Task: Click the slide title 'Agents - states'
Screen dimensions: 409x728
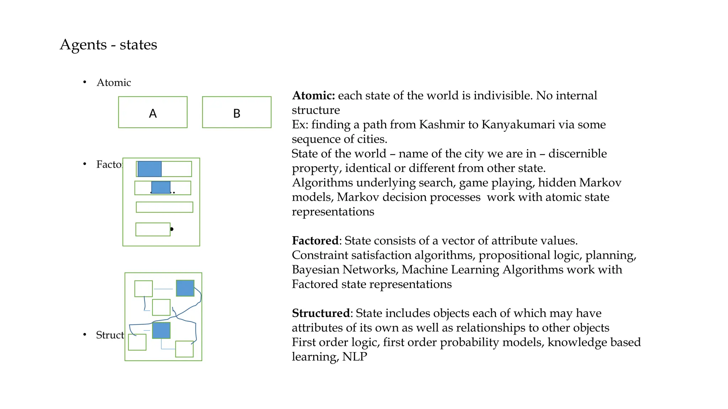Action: [x=108, y=45]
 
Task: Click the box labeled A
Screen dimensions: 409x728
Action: [x=153, y=112]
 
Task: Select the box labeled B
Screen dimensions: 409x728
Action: [x=237, y=112]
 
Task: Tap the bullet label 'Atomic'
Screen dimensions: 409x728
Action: [x=114, y=83]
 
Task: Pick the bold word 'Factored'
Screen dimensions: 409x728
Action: [x=315, y=241]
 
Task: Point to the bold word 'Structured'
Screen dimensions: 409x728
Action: [x=321, y=313]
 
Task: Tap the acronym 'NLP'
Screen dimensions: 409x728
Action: [x=354, y=356]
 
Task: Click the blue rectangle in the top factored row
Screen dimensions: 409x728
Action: [x=150, y=169]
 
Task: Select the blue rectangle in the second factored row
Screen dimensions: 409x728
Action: [x=161, y=187]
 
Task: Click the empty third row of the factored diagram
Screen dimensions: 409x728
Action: [x=165, y=207]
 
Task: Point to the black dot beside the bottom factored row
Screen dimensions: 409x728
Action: [x=172, y=229]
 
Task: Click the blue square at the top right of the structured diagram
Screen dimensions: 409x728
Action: [x=185, y=288]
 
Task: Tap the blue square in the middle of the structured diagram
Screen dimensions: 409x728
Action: [x=161, y=331]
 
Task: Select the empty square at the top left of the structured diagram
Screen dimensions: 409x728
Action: [x=144, y=289]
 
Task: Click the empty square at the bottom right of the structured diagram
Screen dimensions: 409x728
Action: [x=184, y=349]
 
